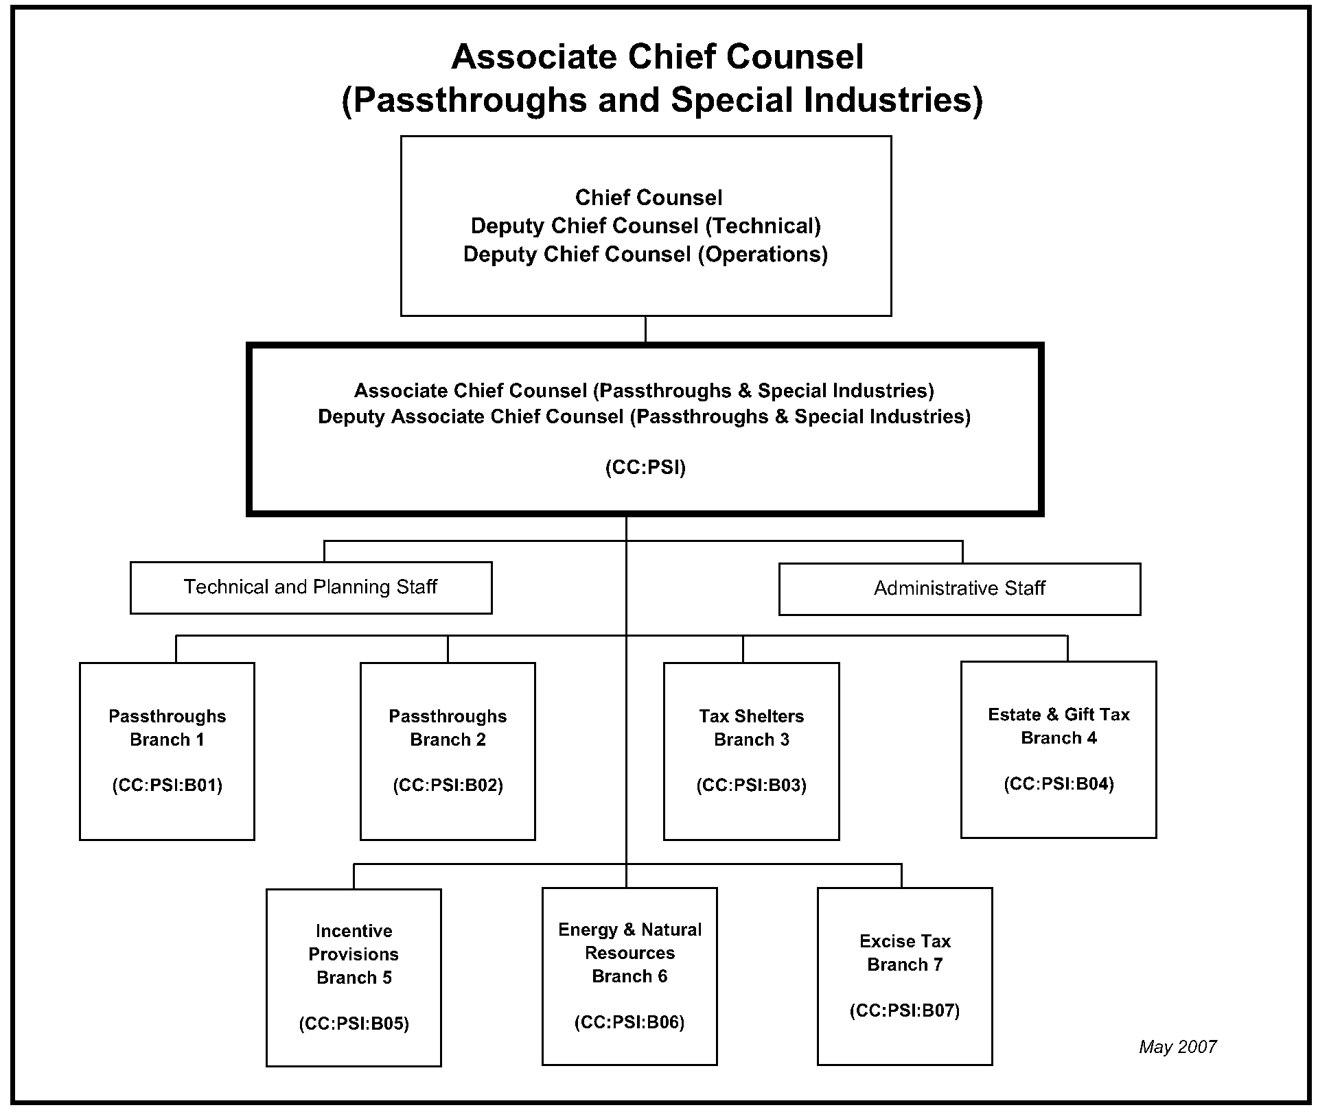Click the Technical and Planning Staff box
310,587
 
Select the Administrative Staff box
959,589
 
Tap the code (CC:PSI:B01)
167,785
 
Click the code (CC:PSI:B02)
448,785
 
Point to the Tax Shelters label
751,716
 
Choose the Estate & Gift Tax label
1059,715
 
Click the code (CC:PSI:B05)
354,1024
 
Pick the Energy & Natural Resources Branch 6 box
629,975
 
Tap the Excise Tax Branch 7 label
905,953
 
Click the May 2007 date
1177,1047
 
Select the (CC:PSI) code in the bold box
645,468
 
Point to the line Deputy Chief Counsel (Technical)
645,226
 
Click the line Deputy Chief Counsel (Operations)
645,255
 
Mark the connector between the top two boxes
645,329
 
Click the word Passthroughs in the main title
465,100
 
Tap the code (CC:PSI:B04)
1059,784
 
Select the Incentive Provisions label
354,943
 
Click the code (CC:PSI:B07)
905,1010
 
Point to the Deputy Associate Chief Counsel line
644,417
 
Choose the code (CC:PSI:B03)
751,785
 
